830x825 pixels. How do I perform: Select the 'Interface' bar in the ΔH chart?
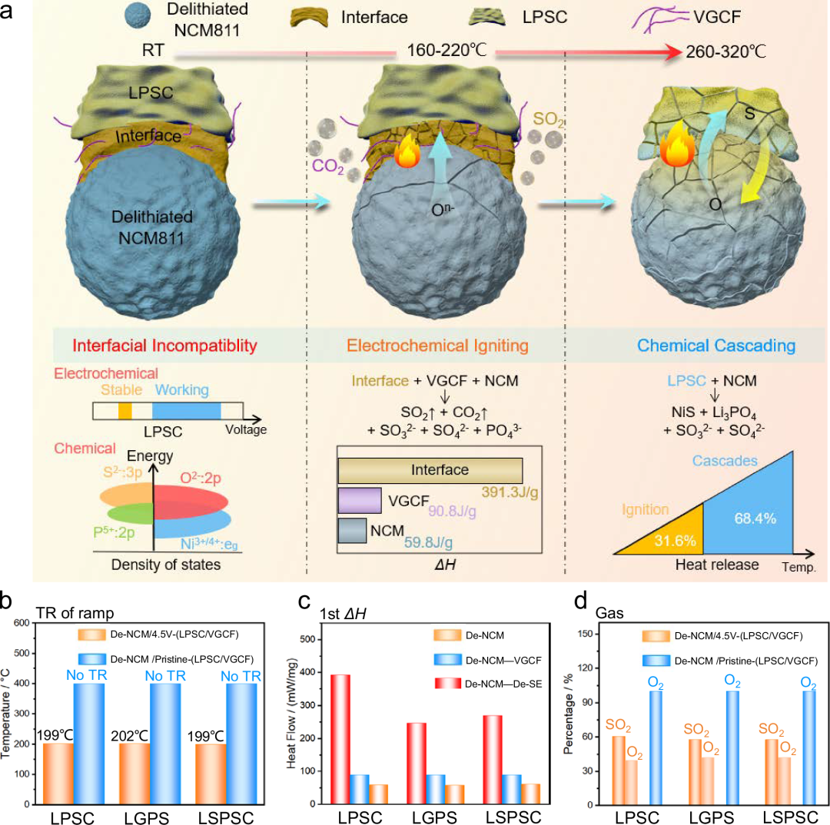(430, 469)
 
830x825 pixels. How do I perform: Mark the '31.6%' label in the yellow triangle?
(677, 539)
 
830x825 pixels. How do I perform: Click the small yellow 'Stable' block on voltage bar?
(124, 411)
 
